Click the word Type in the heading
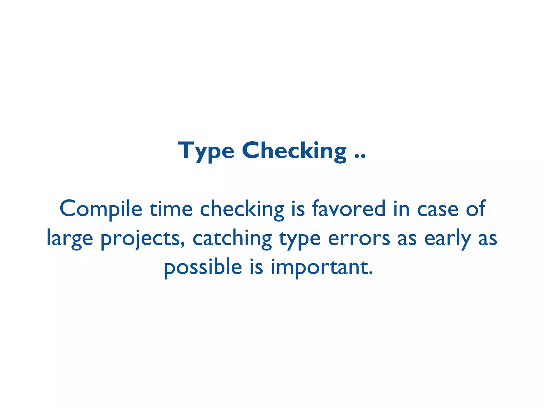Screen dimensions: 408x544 [206, 151]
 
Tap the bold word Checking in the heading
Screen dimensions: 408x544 [294, 151]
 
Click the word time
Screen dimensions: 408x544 [171, 209]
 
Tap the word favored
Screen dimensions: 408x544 [349, 209]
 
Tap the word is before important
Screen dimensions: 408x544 [256, 267]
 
